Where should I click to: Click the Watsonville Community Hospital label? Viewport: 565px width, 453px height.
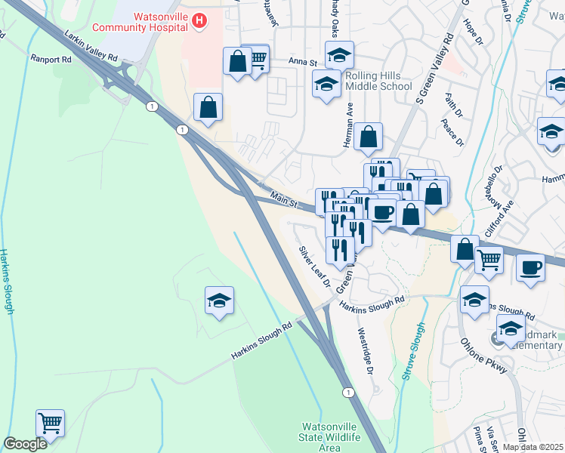139,22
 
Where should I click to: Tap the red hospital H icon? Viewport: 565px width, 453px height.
199,20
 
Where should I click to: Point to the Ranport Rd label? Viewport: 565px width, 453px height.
51,58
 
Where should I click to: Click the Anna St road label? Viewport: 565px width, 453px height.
301,61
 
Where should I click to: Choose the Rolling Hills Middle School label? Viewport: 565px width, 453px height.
378,82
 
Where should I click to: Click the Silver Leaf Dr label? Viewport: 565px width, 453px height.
314,267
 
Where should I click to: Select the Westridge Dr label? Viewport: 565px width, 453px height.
366,350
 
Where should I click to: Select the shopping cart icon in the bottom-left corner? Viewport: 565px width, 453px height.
50,424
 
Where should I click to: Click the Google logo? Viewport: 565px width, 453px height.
25,444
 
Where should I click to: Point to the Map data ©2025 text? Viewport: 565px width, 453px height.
533,447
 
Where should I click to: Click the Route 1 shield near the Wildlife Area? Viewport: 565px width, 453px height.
348,392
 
